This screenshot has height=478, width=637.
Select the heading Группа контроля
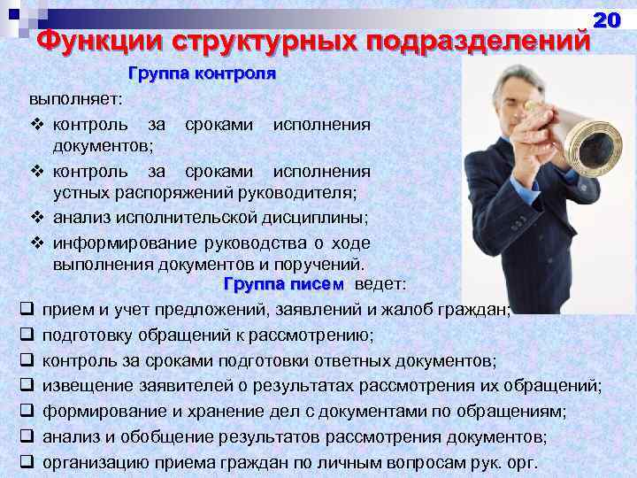coord(203,73)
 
